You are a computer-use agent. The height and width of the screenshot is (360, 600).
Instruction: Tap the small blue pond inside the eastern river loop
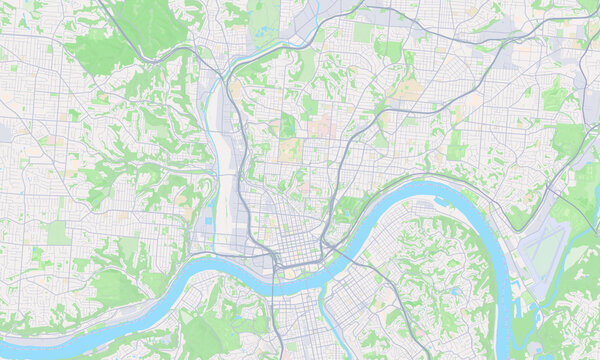454,291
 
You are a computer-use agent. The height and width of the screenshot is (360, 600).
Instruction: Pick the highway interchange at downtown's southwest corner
272,262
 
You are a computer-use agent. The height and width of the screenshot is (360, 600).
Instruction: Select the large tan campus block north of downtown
289,150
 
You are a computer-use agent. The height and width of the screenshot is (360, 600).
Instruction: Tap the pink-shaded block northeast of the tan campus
322,127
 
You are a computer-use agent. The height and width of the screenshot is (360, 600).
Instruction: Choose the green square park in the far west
57,233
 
